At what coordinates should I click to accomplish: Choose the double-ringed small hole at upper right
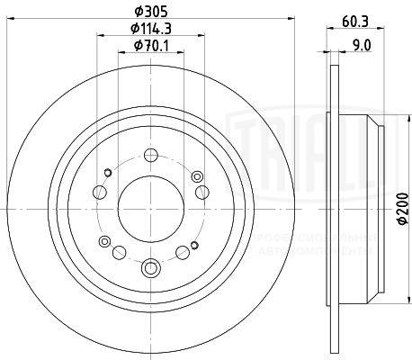[196, 175]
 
